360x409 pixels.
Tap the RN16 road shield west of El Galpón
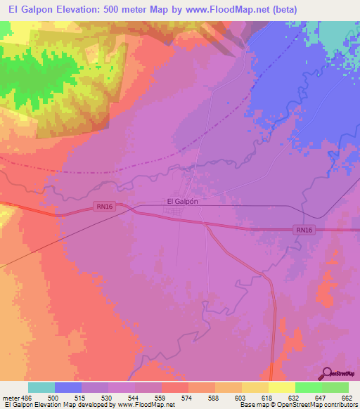tap(103, 206)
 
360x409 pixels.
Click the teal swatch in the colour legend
tap(41, 387)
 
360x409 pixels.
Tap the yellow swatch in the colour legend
tap(282, 387)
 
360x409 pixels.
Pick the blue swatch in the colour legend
tap(68, 387)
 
